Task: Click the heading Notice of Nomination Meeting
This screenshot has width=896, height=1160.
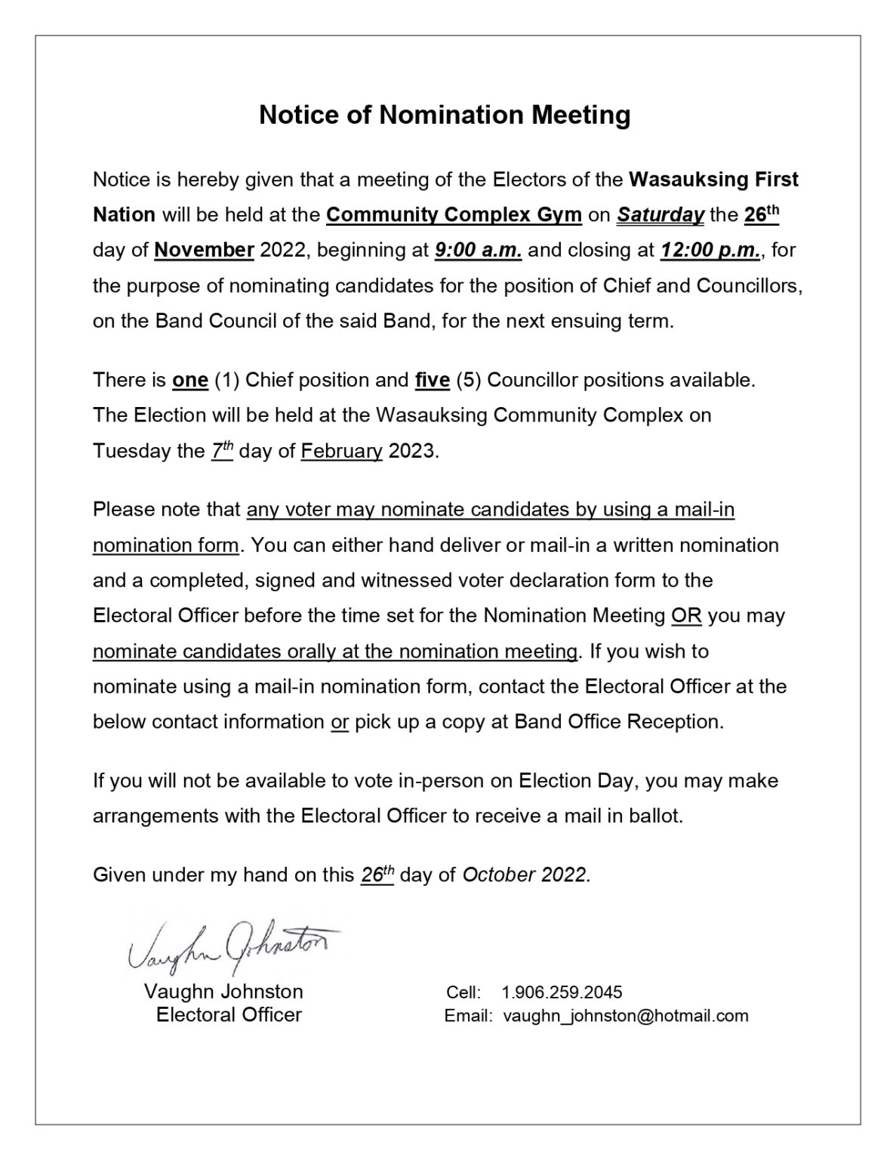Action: pyautogui.click(x=445, y=115)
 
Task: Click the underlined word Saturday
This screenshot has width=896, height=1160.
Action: pyautogui.click(x=660, y=215)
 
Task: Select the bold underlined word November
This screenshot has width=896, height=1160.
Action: pyautogui.click(x=204, y=250)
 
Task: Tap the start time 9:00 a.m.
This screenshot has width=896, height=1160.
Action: pyautogui.click(x=479, y=250)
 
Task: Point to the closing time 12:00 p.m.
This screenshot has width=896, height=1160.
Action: pyautogui.click(x=710, y=250)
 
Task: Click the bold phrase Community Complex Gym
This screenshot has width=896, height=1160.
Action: pyautogui.click(x=454, y=215)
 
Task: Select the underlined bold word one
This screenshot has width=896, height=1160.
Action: pyautogui.click(x=190, y=380)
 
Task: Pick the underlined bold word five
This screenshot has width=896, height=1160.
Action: pyautogui.click(x=433, y=380)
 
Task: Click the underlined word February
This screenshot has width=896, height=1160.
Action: pyautogui.click(x=341, y=451)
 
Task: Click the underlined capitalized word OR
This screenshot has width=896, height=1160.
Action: pyautogui.click(x=686, y=615)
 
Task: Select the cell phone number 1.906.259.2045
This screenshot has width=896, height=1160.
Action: pyautogui.click(x=562, y=992)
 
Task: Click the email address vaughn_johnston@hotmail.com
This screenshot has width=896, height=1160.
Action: pyautogui.click(x=626, y=1016)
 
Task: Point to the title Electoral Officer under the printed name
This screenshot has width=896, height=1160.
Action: pyautogui.click(x=229, y=1015)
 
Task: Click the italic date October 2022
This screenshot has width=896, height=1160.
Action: pyautogui.click(x=524, y=875)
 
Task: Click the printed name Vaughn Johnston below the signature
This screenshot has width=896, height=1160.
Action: pyautogui.click(x=223, y=992)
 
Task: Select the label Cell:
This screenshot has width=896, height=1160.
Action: pyautogui.click(x=463, y=992)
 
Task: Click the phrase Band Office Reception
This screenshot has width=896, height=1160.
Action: pyautogui.click(x=618, y=721)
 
